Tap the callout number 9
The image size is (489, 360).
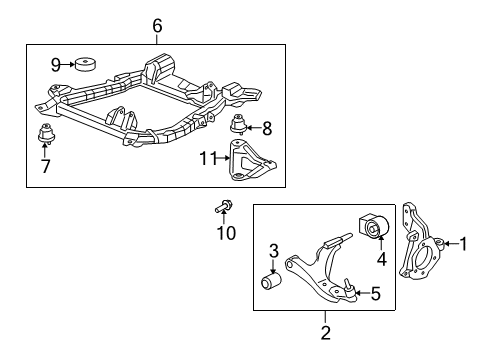point(56,65)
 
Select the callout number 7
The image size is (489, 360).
point(45,165)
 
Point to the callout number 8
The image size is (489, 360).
point(266,127)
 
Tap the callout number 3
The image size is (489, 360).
point(272,250)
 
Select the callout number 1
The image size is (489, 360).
point(463,270)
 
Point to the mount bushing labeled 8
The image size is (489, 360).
point(239,127)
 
